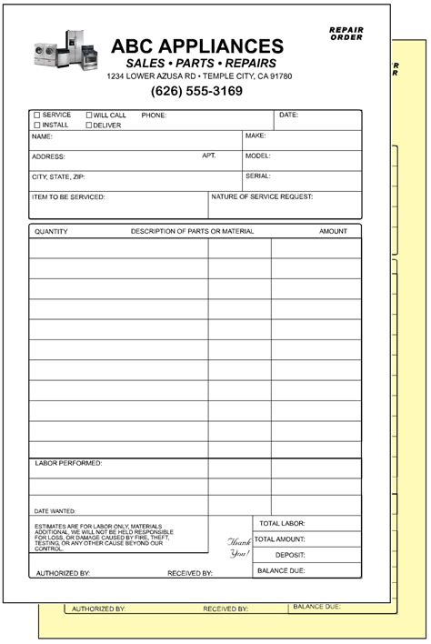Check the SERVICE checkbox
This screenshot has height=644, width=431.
pyautogui.click(x=37, y=116)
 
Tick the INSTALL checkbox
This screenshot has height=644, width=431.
pyautogui.click(x=37, y=125)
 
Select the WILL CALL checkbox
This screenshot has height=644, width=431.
pyautogui.click(x=89, y=116)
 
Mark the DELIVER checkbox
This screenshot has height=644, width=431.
pyautogui.click(x=89, y=125)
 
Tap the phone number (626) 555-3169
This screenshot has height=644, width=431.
pyautogui.click(x=196, y=91)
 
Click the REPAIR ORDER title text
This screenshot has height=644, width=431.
pyautogui.click(x=346, y=34)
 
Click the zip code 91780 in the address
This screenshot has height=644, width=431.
pyautogui.click(x=305, y=76)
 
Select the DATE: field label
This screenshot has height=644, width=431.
pyautogui.click(x=288, y=116)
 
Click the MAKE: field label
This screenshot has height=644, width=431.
pyautogui.click(x=256, y=136)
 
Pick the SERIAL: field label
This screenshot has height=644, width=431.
pyautogui.click(x=258, y=176)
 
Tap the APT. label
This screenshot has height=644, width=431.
pyautogui.click(x=209, y=156)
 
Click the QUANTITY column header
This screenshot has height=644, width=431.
pyautogui.click(x=51, y=231)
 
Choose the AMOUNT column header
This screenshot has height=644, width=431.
pyautogui.click(x=333, y=231)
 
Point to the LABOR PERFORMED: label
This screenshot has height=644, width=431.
pyautogui.click(x=68, y=463)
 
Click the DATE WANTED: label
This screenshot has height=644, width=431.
pyautogui.click(x=55, y=510)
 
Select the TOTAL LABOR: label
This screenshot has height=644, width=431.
pyautogui.click(x=282, y=524)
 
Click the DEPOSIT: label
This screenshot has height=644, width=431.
pyautogui.click(x=291, y=555)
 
